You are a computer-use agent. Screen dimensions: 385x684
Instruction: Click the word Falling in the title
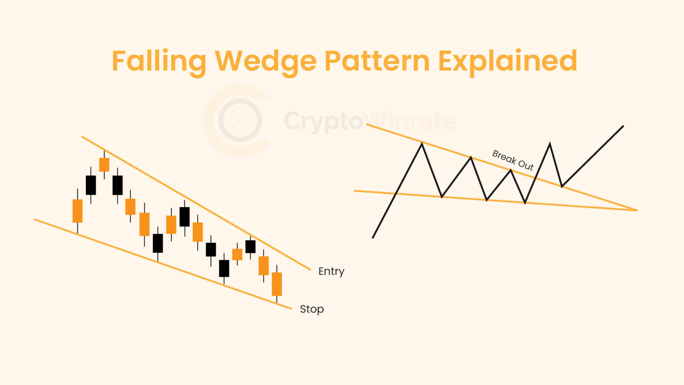(159, 61)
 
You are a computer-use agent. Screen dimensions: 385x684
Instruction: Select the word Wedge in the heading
(265, 61)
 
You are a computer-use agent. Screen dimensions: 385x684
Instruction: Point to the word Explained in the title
(508, 61)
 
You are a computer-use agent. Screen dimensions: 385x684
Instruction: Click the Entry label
(331, 271)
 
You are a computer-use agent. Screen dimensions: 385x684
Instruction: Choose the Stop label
(312, 309)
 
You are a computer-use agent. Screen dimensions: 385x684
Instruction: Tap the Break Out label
(513, 160)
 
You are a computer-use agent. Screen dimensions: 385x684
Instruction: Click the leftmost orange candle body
(77, 211)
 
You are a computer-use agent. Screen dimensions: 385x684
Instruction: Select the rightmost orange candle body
(277, 284)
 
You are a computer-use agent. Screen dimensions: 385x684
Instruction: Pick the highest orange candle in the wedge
(104, 164)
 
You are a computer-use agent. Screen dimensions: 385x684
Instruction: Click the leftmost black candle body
(91, 185)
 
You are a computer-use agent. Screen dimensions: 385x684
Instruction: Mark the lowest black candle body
(224, 268)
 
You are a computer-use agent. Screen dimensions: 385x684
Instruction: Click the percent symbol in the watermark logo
(240, 120)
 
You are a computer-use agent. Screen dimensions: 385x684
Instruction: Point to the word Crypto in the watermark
(323, 121)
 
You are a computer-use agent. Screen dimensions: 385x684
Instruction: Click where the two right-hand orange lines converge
(636, 210)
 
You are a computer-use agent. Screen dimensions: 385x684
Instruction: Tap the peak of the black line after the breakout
(550, 143)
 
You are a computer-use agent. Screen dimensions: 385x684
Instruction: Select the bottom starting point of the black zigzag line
(373, 238)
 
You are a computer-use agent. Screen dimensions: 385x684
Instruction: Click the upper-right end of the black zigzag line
(623, 126)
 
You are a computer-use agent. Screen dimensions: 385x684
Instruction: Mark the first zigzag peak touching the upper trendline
(422, 143)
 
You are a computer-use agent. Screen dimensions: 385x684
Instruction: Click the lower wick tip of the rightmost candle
(277, 302)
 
